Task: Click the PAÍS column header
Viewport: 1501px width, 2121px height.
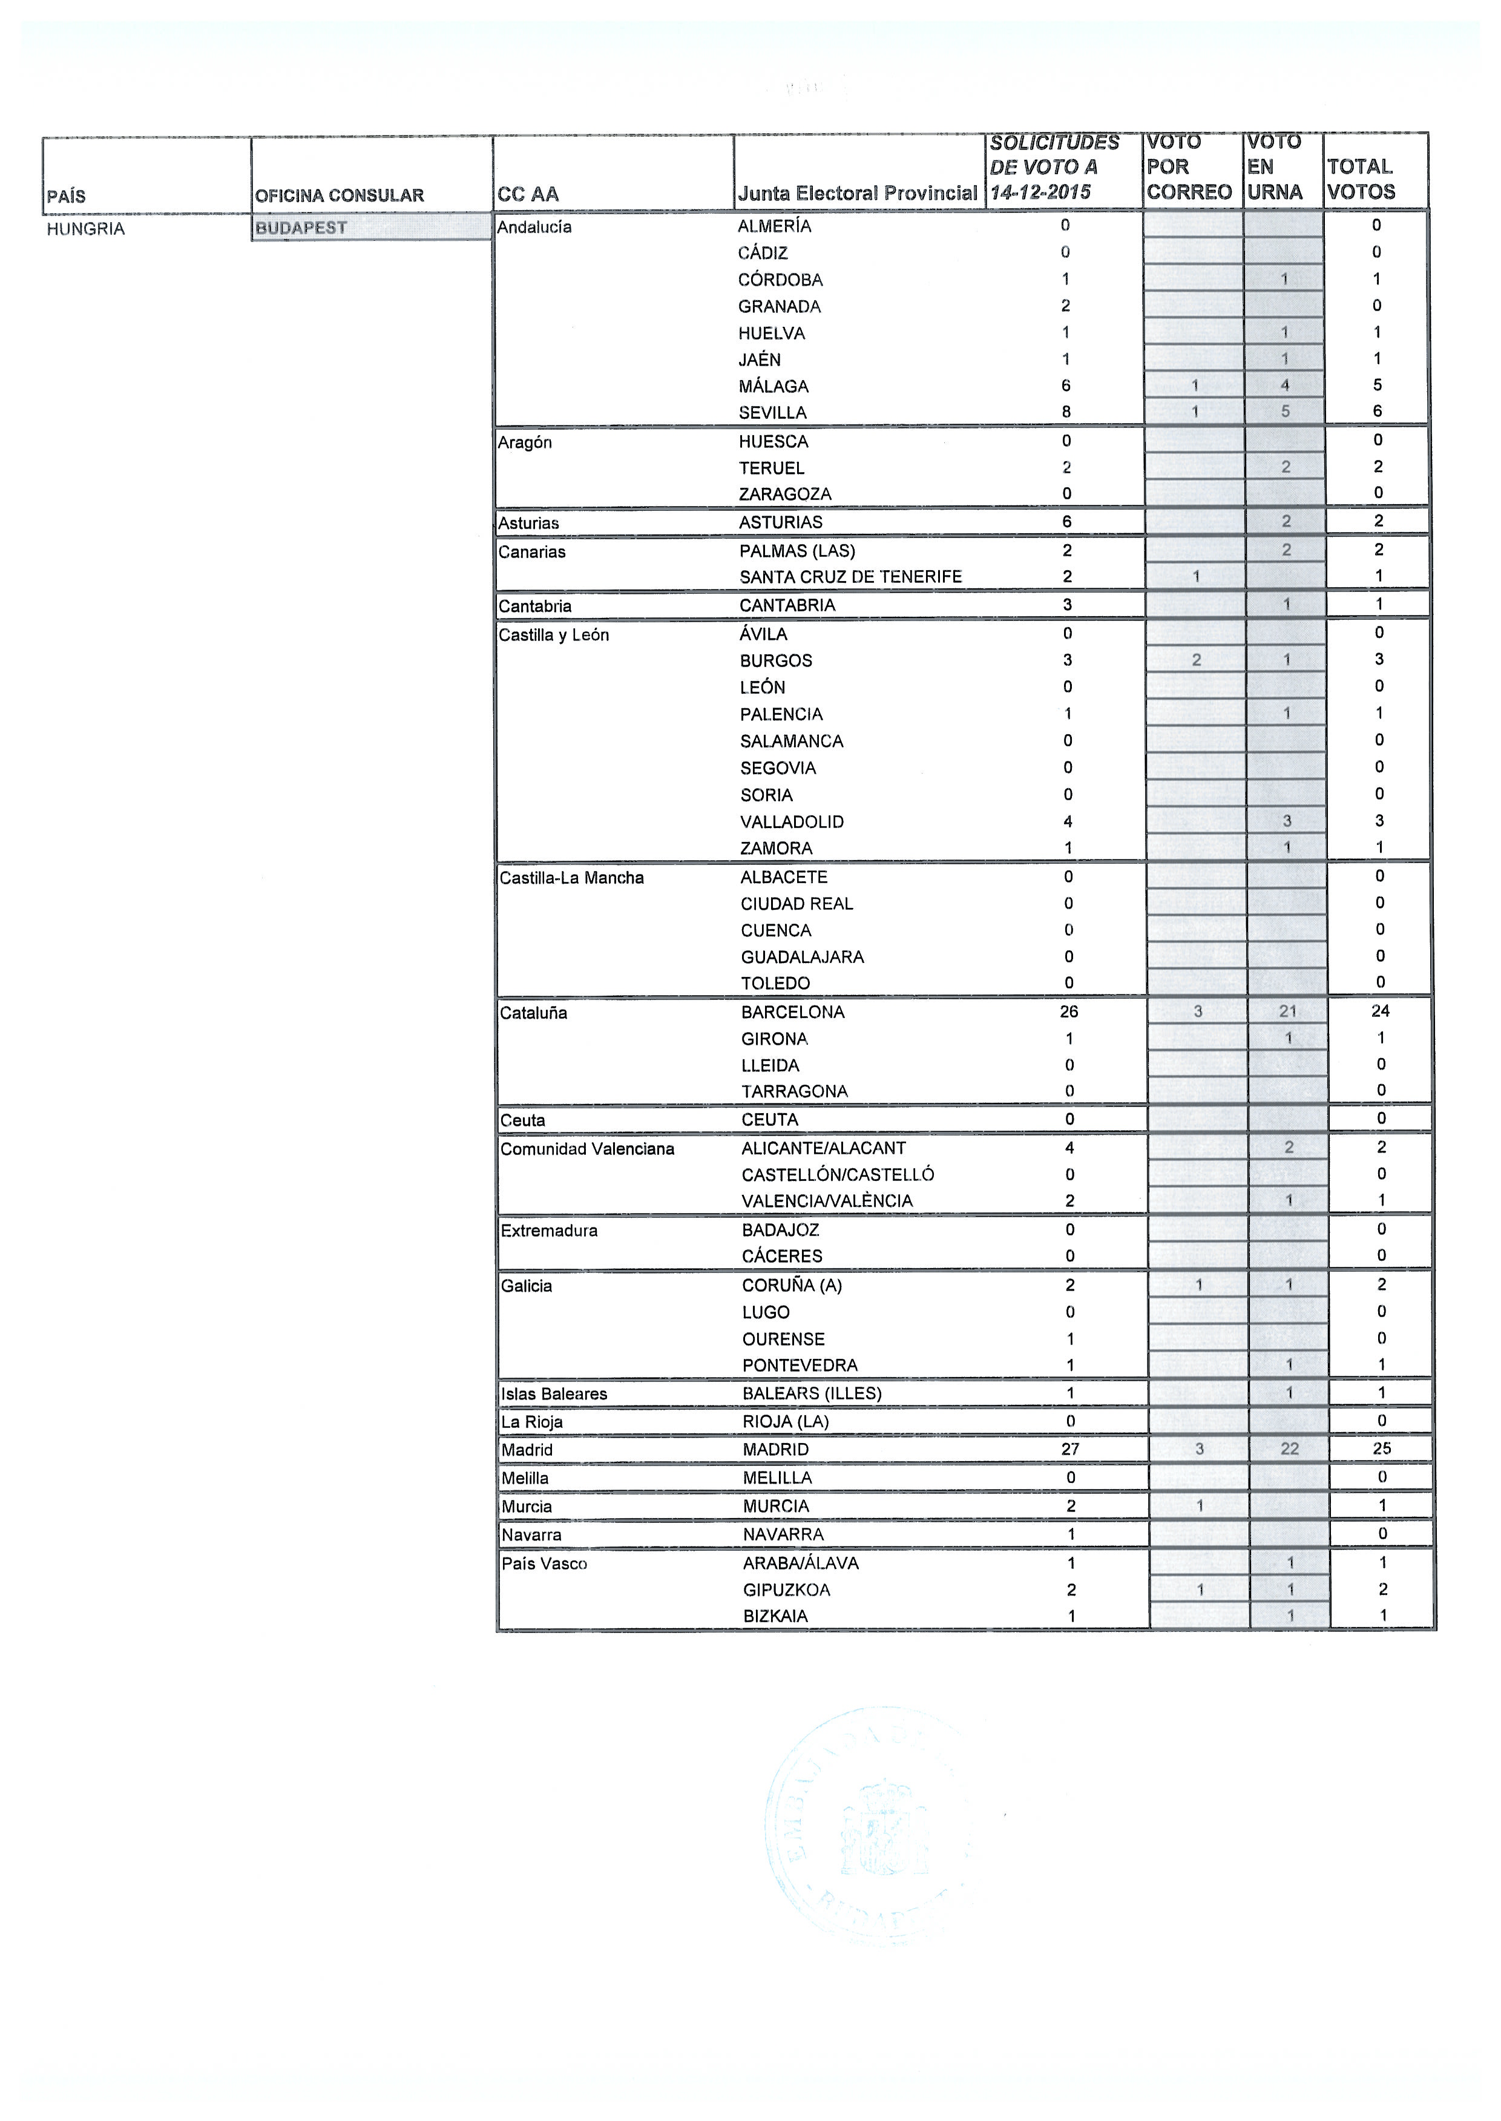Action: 67,196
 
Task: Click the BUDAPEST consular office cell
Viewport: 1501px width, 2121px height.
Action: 301,228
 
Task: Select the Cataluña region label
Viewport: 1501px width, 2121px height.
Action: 533,1013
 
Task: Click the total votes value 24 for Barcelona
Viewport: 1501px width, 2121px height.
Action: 1381,1011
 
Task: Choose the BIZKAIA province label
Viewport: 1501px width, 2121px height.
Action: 775,1616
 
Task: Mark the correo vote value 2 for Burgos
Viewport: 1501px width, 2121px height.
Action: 1196,660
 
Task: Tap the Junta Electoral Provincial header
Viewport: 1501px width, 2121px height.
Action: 857,193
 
